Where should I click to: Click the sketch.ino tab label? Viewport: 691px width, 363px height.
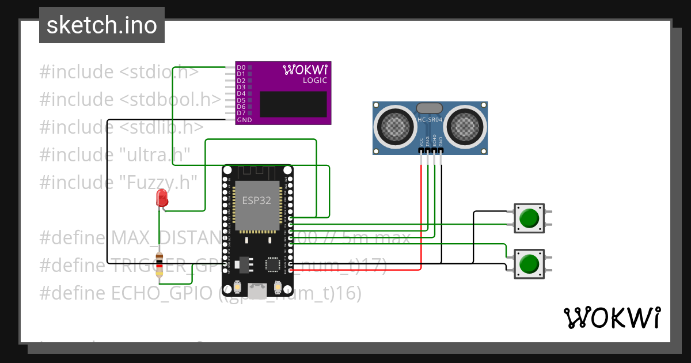pos(101,25)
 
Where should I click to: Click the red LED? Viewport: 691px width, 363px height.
pos(162,198)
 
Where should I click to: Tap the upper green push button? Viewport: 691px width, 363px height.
pos(529,218)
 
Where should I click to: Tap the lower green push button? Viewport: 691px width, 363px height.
pos(529,264)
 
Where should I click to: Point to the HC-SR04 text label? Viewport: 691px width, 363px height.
pos(430,119)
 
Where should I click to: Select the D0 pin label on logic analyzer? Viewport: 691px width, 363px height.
pos(241,68)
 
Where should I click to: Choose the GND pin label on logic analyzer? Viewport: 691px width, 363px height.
pos(244,119)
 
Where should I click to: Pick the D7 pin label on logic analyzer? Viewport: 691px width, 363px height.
pos(241,113)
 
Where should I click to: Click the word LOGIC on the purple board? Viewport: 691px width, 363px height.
pos(314,81)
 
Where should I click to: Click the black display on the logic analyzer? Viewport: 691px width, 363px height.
pos(294,104)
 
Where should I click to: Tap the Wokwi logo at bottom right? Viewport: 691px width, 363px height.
pos(612,317)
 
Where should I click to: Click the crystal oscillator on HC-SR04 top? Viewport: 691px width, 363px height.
pos(429,108)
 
